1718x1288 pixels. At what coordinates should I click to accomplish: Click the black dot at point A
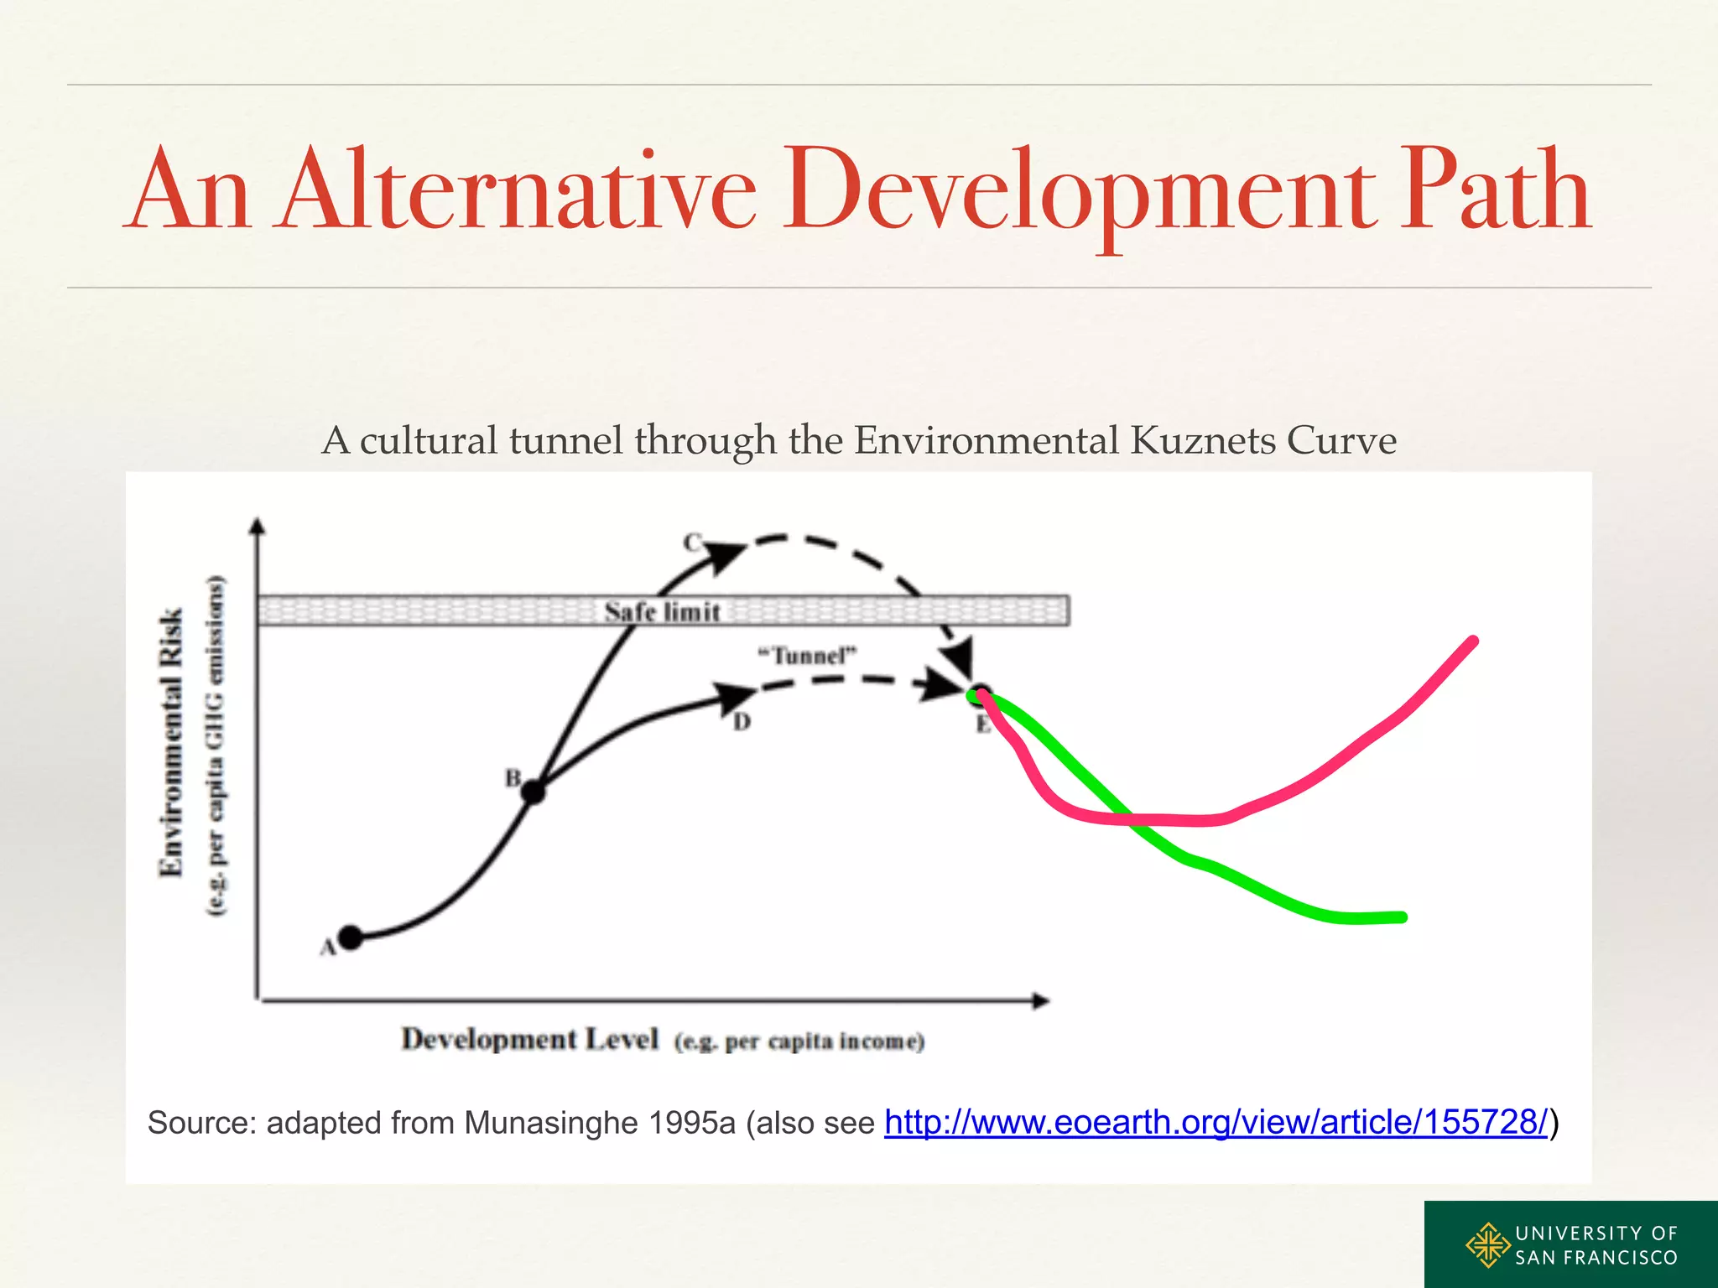350,937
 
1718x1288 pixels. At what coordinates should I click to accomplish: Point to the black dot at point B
534,791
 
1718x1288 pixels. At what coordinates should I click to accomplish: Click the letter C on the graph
691,543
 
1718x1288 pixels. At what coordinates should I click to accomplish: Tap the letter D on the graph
742,722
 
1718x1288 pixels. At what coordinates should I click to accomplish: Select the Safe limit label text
663,612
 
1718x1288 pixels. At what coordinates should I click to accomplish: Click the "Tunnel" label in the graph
807,655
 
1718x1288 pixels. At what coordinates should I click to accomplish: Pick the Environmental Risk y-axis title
171,742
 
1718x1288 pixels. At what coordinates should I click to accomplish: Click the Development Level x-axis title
530,1039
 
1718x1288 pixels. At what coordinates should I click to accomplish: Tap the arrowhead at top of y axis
258,527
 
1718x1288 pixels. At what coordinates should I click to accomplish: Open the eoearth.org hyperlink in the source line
1216,1122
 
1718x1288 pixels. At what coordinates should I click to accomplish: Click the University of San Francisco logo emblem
1487,1244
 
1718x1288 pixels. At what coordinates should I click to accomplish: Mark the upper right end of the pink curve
1473,641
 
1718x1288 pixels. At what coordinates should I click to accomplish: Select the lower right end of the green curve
1402,917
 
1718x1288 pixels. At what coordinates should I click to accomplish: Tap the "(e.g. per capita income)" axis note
799,1041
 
